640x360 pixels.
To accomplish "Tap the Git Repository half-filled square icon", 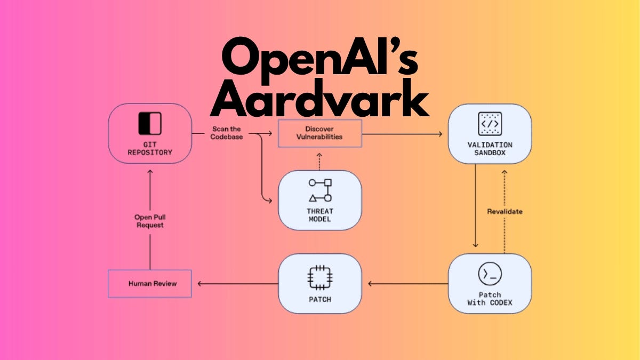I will click(149, 123).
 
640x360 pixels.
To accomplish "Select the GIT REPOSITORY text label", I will click(150, 148).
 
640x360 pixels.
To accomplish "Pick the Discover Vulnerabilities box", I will click(320, 133).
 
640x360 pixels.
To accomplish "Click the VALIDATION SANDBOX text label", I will click(489, 149).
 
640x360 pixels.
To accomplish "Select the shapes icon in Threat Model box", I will click(320, 190).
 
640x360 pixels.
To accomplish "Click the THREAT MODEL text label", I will click(320, 215).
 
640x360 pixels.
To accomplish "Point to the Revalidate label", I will click(505, 212).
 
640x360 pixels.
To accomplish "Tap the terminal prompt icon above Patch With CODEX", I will click(489, 274).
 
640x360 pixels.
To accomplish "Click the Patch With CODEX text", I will click(489, 299).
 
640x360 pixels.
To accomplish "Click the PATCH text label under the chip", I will click(320, 299).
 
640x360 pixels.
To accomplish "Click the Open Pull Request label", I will click(150, 221).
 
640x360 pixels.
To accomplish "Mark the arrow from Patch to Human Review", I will click(237, 283).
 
